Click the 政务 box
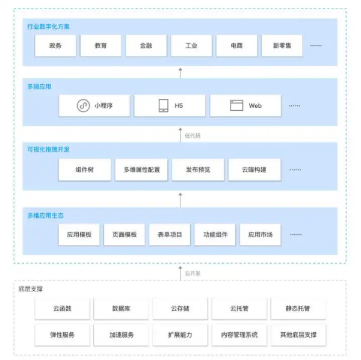pyautogui.click(x=55, y=46)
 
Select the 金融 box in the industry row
pyautogui.click(x=146, y=46)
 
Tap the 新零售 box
pyautogui.click(x=282, y=46)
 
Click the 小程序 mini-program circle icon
pyautogui.click(x=83, y=106)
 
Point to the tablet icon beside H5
pyautogui.click(x=164, y=106)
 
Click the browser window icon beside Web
pyautogui.click(x=236, y=105)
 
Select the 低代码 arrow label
pyautogui.click(x=193, y=135)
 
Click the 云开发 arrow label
pyautogui.click(x=193, y=273)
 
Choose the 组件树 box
pyautogui.click(x=85, y=170)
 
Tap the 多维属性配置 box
pyautogui.click(x=141, y=170)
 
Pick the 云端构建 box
pyautogui.click(x=255, y=170)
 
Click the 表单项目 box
pyautogui.click(x=170, y=235)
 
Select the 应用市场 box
pyautogui.click(x=261, y=235)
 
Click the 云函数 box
pyautogui.click(x=63, y=308)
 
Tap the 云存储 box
pyautogui.click(x=180, y=308)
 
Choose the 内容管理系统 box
pyautogui.click(x=239, y=335)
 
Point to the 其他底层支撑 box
pyautogui.click(x=298, y=335)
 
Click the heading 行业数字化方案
pyautogui.click(x=48, y=26)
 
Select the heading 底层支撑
pyautogui.click(x=31, y=289)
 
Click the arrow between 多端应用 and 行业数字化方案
pyautogui.click(x=180, y=73)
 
